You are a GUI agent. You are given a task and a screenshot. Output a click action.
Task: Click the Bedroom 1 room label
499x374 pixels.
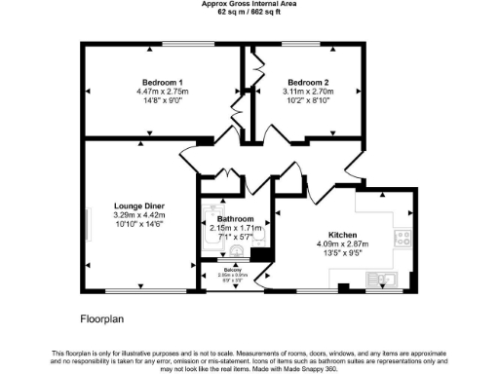pyautogui.click(x=160, y=82)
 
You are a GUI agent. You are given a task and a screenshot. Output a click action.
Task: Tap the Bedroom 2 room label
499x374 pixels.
pyautogui.click(x=307, y=82)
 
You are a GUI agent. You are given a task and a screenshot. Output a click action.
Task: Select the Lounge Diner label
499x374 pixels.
pyautogui.click(x=138, y=206)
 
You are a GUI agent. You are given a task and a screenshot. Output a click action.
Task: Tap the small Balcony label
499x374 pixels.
pyautogui.click(x=232, y=269)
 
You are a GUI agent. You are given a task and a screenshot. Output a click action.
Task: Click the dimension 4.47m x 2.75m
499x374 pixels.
pyautogui.click(x=160, y=91)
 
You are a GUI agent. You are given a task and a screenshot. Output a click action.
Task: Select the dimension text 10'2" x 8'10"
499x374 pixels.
pyautogui.click(x=307, y=99)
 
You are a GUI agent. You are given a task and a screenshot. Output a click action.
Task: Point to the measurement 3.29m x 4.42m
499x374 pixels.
pyautogui.click(x=138, y=215)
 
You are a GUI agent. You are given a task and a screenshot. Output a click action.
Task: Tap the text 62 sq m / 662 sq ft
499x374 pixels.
pyautogui.click(x=249, y=12)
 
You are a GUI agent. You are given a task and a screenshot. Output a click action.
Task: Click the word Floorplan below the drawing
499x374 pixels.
pyautogui.click(x=101, y=318)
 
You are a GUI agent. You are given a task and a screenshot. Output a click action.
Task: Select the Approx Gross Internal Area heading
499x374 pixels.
pyautogui.click(x=249, y=4)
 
